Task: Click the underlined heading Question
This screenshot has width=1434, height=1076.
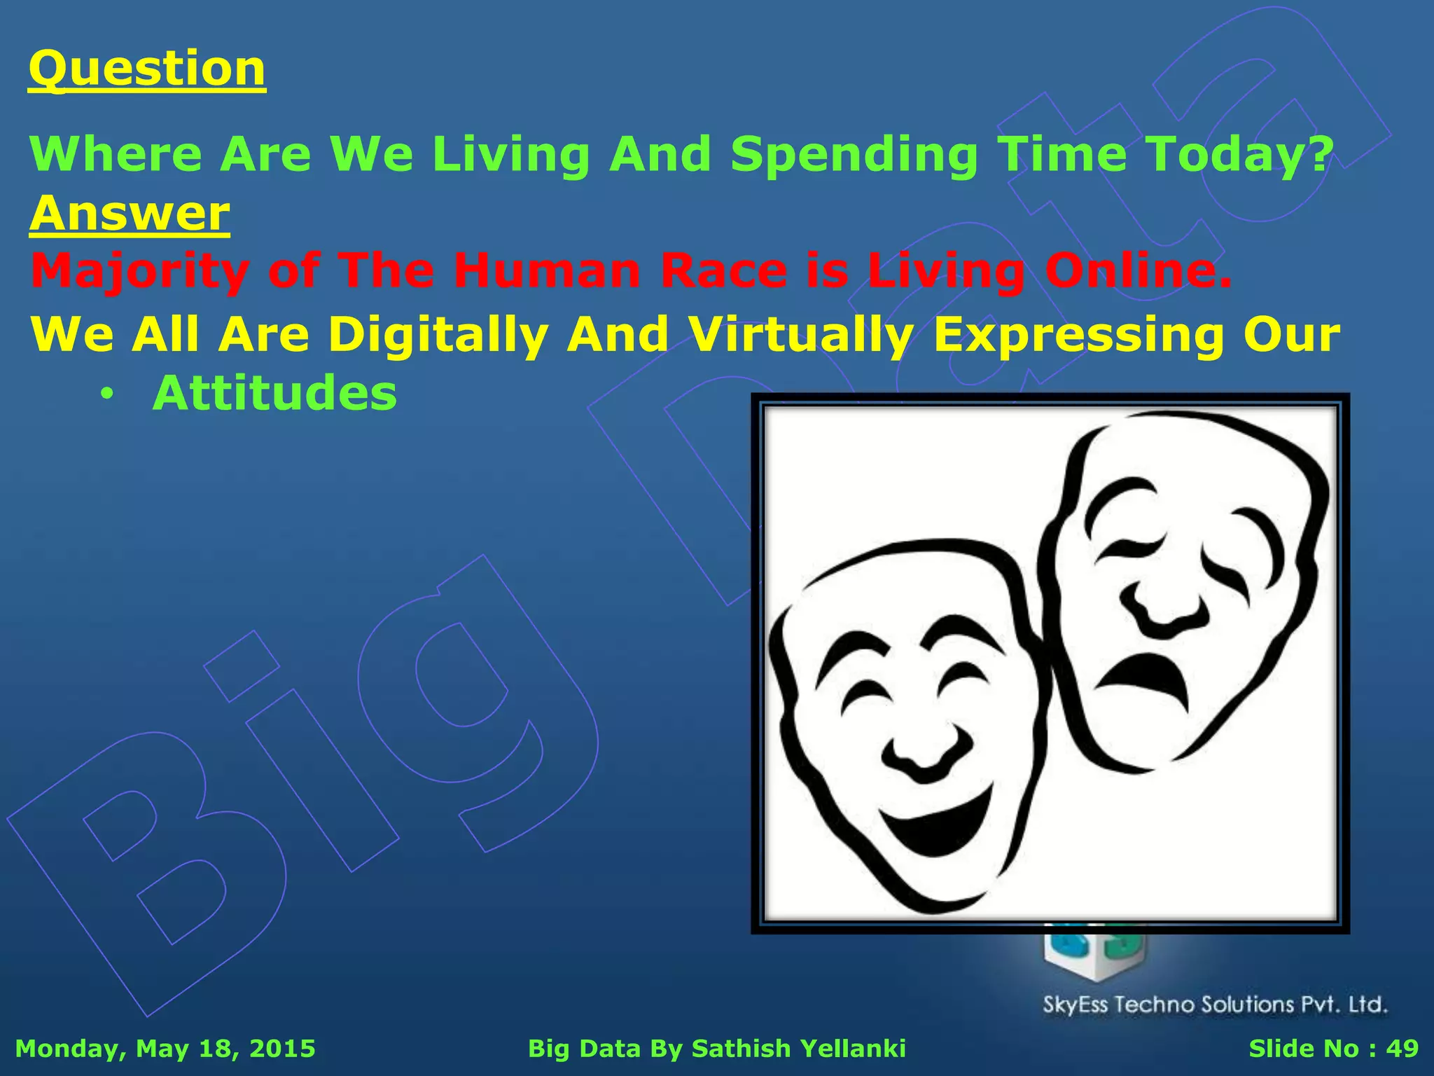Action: coord(147,69)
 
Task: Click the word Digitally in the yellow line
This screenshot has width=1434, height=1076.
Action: coord(438,335)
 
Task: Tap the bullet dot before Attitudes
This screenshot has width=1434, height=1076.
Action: coord(106,395)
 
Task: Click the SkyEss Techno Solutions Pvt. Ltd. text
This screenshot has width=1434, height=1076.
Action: coord(1215,1005)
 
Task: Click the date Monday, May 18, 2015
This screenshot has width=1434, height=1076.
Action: coord(165,1049)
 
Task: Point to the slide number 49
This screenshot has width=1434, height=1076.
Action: coord(1402,1049)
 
